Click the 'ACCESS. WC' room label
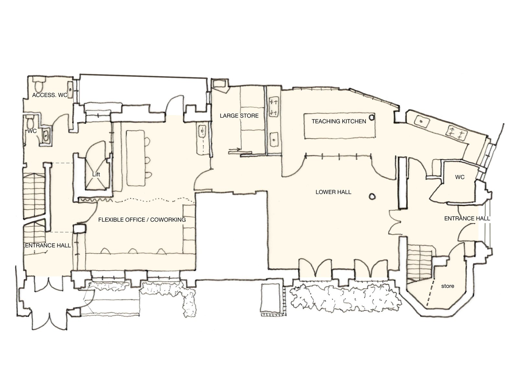point(50,95)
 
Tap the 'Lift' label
point(96,174)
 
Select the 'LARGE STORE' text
point(239,116)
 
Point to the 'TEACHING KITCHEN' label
point(339,121)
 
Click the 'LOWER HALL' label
point(333,192)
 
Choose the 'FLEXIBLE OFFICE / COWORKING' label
point(142,220)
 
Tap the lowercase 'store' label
point(448,286)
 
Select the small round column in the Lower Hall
point(372,196)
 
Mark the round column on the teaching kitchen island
point(372,117)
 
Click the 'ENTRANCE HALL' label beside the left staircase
point(48,246)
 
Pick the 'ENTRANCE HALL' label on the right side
point(467,219)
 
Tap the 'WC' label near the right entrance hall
point(460,177)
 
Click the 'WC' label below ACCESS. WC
point(32,131)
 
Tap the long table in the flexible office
point(135,158)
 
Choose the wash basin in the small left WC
point(46,135)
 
